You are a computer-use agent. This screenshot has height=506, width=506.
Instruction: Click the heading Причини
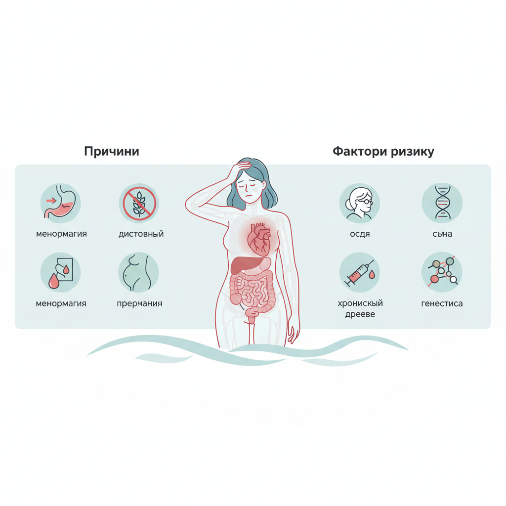click(x=112, y=151)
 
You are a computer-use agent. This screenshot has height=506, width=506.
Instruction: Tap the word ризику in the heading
click(x=413, y=152)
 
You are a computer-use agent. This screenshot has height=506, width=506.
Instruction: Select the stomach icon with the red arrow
click(x=61, y=203)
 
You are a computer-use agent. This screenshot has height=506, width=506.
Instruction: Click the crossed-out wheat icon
click(x=139, y=203)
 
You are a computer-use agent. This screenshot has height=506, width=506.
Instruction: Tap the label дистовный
click(x=141, y=234)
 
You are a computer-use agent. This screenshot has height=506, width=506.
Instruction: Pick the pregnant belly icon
click(x=139, y=272)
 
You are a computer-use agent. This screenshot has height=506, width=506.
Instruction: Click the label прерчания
click(x=139, y=304)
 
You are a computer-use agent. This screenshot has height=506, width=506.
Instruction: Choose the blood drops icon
click(x=61, y=272)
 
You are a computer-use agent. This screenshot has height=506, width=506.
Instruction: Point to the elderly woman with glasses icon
click(x=360, y=203)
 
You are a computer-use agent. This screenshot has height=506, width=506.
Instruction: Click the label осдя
click(x=360, y=234)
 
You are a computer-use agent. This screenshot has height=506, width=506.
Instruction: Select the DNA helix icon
click(x=442, y=203)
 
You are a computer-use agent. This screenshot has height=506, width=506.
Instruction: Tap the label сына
click(x=442, y=234)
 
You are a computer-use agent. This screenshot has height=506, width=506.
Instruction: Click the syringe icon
click(x=360, y=272)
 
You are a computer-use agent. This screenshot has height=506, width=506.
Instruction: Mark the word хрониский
click(x=360, y=303)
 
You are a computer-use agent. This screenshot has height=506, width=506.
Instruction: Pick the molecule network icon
click(x=442, y=272)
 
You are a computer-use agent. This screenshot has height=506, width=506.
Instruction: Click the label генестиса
click(x=442, y=304)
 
